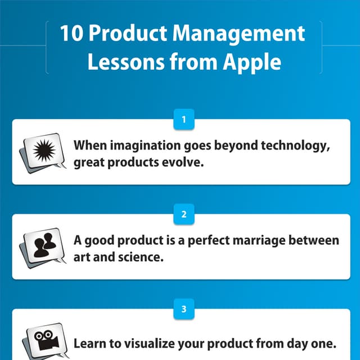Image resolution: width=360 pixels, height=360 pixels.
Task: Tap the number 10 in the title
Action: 72,34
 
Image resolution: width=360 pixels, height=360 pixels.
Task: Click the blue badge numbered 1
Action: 184,119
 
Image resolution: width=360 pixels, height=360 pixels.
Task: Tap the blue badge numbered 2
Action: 184,214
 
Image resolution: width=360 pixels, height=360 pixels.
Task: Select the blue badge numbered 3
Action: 184,309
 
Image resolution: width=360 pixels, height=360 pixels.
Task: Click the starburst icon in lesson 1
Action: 42,150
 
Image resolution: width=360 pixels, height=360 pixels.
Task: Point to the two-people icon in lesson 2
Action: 42,245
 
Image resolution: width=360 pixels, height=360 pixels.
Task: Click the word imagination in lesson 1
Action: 141,145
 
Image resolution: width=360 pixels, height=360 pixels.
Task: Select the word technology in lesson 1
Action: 291,145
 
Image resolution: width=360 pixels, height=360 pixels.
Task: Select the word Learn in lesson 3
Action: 88,343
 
